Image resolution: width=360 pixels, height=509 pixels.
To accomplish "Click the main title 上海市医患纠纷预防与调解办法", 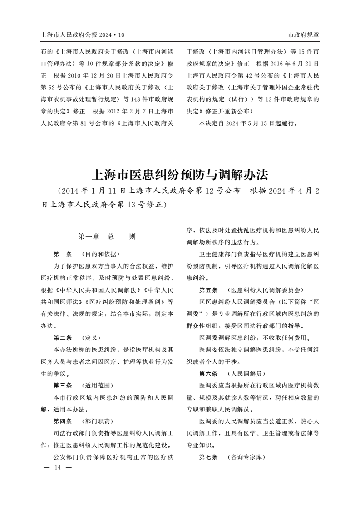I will point(180,174).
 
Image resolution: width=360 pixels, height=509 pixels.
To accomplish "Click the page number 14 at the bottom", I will point(57,467).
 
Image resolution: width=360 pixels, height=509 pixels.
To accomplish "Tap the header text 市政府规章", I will point(303,35).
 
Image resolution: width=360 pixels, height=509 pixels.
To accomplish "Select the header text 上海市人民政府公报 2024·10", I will point(83,35).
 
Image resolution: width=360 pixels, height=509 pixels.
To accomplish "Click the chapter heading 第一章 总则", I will point(107,236).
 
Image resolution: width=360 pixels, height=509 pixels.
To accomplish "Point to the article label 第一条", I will point(63,254).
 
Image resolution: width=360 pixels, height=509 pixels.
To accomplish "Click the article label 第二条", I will point(63,338).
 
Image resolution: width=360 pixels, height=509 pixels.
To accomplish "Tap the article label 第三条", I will point(63,386).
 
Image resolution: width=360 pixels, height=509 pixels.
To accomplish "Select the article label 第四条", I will point(63,421).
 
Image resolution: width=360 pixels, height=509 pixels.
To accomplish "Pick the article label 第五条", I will point(208,289).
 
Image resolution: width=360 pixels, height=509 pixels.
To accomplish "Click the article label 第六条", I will point(208,373).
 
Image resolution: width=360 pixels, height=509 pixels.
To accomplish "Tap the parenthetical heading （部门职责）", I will point(98,421).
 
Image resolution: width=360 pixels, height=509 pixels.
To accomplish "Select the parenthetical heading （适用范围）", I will point(98,386).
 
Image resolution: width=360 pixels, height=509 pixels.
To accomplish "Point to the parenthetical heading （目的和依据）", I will point(100,254).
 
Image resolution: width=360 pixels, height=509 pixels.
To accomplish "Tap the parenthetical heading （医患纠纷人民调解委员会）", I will point(265,289).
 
